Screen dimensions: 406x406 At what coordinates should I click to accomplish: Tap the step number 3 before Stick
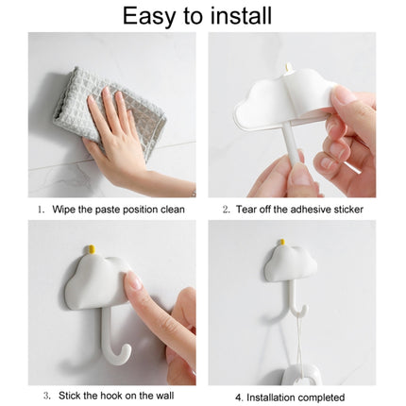[x=46, y=397]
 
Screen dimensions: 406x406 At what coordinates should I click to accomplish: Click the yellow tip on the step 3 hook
[x=92, y=249]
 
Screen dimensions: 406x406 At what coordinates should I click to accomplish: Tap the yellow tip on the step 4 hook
[x=280, y=243]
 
